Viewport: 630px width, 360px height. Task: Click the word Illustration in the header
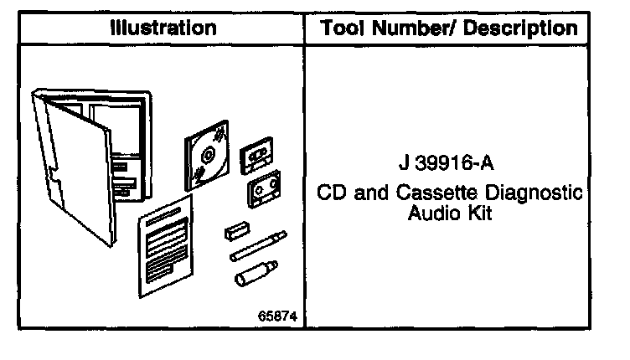pyautogui.click(x=164, y=28)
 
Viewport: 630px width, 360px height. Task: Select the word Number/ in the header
pyautogui.click(x=418, y=28)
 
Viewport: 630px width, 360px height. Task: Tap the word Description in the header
pyautogui.click(x=523, y=28)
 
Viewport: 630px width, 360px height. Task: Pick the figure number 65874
pyautogui.click(x=278, y=316)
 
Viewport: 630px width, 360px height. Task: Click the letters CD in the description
pyautogui.click(x=332, y=193)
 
